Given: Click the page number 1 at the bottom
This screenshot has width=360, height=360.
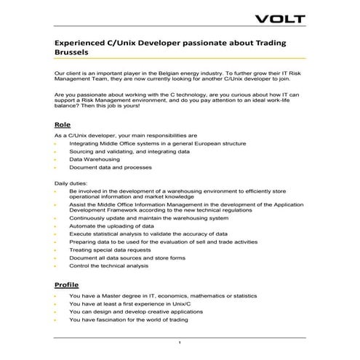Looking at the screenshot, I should (x=179, y=342).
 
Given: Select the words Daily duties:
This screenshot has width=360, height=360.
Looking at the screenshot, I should (x=73, y=183).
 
